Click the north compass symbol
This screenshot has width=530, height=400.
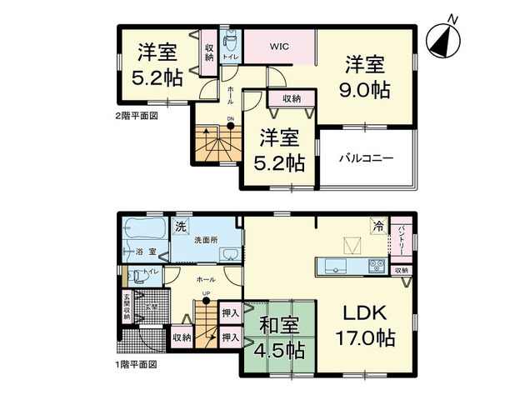[443, 37]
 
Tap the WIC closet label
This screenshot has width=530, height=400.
[278, 47]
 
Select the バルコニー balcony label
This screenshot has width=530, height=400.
[366, 157]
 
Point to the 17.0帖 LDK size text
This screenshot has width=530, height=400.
[365, 339]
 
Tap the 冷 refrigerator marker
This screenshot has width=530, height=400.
[378, 225]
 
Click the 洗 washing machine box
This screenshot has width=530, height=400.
[181, 226]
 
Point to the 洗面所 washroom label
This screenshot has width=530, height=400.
[205, 241]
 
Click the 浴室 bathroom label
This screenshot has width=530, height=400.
[142, 251]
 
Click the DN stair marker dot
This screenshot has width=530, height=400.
[231, 127]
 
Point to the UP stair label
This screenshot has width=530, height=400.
[206, 294]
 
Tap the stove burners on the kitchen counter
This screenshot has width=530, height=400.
[375, 267]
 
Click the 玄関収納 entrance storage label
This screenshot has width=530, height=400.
[127, 309]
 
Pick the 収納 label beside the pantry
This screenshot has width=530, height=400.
[401, 270]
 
